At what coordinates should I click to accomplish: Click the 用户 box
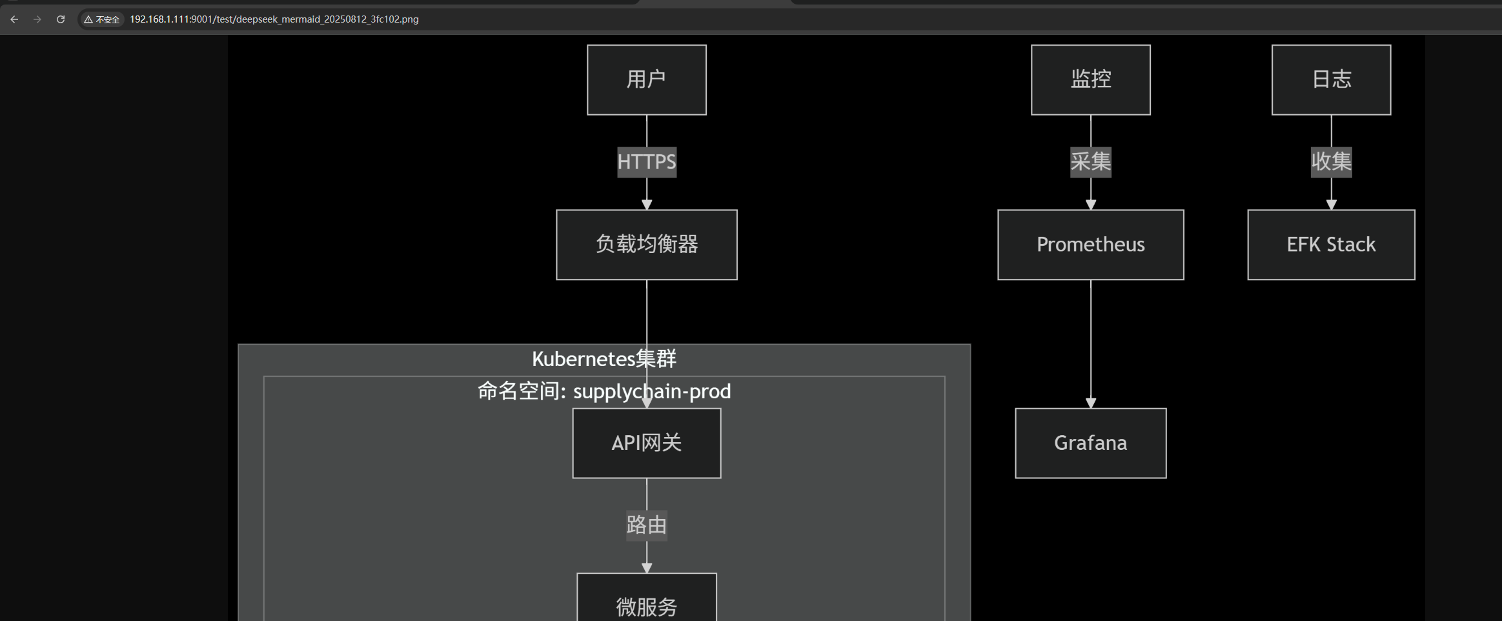click(x=646, y=79)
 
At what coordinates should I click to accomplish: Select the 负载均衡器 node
click(x=646, y=244)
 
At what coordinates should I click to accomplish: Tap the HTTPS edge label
click(x=646, y=161)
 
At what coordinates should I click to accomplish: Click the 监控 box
click(x=1090, y=79)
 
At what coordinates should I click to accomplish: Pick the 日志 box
click(x=1331, y=79)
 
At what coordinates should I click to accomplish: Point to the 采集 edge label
click(x=1090, y=161)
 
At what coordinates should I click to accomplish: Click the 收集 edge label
click(x=1331, y=161)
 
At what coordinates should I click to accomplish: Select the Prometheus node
click(x=1090, y=244)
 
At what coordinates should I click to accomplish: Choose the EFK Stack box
click(x=1331, y=244)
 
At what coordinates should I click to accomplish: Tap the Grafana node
click(x=1090, y=443)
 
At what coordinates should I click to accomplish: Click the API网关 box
click(x=646, y=443)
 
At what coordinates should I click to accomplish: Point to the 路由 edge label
click(x=646, y=525)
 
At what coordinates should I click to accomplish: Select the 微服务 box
click(x=646, y=604)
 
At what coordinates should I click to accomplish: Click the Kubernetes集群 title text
click(x=604, y=359)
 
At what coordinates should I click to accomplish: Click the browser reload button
click(x=61, y=19)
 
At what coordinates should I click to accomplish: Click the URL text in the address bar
click(x=274, y=19)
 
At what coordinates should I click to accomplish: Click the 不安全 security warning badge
click(x=102, y=19)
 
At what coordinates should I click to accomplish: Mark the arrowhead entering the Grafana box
click(x=1091, y=403)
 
